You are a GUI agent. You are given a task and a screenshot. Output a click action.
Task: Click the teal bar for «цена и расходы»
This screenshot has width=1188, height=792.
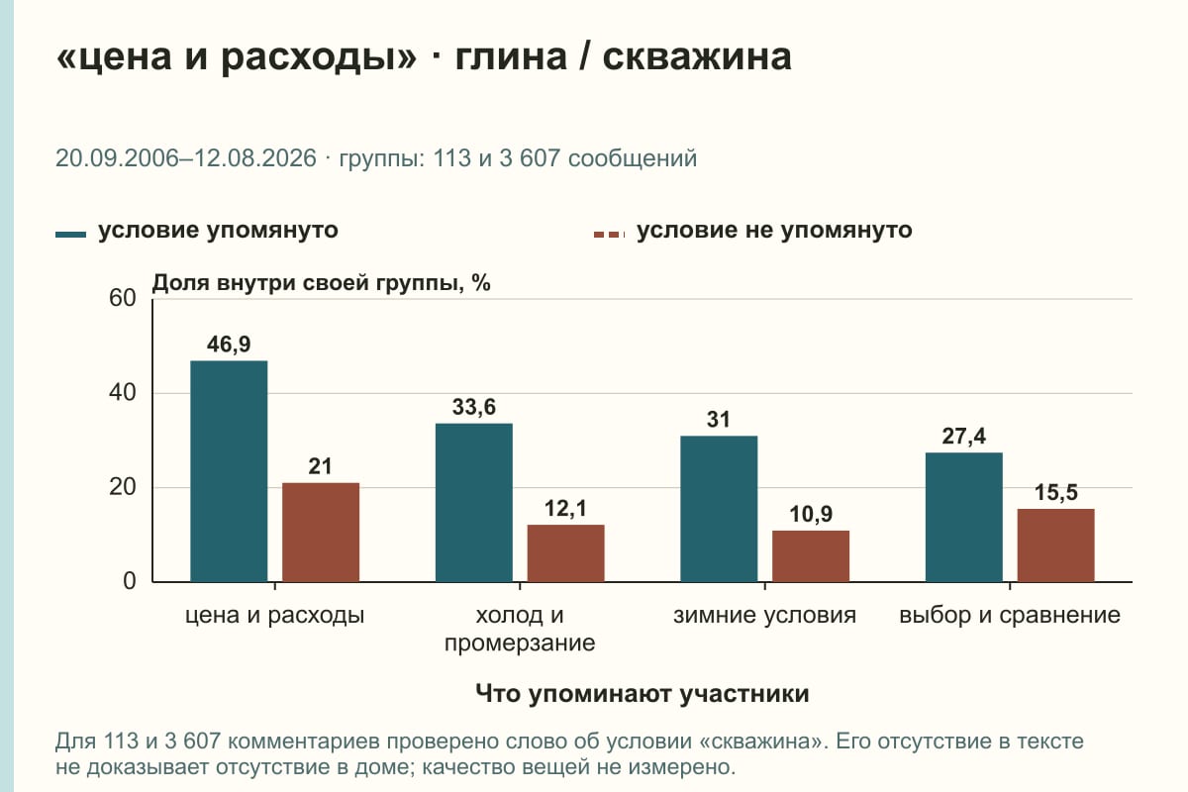coord(229,471)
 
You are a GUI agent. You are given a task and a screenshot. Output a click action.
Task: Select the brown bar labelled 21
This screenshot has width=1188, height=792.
coord(321,533)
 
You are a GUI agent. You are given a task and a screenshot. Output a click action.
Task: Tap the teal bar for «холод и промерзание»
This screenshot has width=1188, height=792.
coord(474,503)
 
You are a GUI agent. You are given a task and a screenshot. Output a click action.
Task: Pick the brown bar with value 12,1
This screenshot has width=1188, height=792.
coord(566,553)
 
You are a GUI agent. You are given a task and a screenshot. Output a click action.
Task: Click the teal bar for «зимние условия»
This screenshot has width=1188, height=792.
coord(719,509)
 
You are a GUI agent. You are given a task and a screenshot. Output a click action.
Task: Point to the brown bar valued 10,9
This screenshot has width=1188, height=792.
coord(811,556)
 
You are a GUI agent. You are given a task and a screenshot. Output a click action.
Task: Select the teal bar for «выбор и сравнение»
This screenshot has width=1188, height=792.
coord(964,518)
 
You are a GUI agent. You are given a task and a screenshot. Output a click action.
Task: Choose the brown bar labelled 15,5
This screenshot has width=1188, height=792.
coord(1056,545)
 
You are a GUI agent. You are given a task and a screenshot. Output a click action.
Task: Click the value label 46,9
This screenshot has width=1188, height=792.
coord(229,345)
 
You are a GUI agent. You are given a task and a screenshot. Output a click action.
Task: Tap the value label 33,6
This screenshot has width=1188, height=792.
coord(474,408)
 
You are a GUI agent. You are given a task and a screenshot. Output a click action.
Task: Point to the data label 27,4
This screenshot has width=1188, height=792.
coord(964,437)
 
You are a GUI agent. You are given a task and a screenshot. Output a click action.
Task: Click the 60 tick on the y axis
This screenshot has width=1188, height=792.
coord(123,298)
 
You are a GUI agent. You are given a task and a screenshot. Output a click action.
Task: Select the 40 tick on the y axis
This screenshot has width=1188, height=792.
coord(123,393)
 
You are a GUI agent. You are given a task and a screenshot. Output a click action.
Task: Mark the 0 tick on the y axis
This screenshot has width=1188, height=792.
coord(130,582)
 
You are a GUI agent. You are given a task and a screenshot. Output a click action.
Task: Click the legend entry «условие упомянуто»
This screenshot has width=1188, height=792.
coord(197,231)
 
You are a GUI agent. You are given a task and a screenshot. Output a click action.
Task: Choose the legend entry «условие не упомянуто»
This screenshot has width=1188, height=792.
coord(753,231)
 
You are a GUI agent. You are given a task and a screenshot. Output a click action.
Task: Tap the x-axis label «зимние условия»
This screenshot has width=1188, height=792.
coord(764,616)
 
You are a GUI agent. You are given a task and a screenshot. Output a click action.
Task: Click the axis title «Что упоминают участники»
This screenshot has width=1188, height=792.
coord(643,694)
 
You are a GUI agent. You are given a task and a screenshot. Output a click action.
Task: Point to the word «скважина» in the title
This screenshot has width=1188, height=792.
coord(697,57)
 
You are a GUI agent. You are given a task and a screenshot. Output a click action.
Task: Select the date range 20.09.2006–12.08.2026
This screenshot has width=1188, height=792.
coord(186,158)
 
